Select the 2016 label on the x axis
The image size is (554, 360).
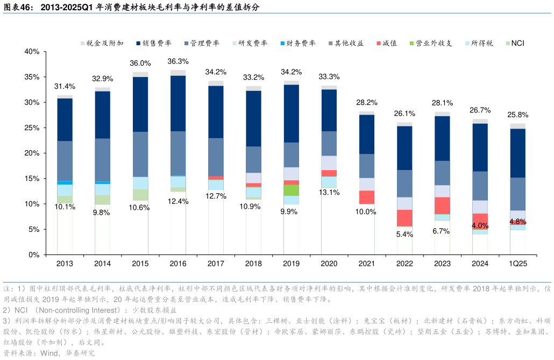click(x=178, y=264)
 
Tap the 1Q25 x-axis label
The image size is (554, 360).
click(x=518, y=264)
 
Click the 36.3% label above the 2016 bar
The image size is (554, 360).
click(x=178, y=61)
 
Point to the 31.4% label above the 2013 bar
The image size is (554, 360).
click(x=65, y=87)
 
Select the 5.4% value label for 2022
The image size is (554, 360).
click(x=404, y=234)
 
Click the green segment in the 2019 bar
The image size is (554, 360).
click(x=292, y=190)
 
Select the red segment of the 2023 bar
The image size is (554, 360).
click(x=442, y=205)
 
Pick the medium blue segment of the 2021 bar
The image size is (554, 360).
click(x=367, y=166)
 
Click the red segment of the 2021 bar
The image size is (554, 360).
click(x=367, y=197)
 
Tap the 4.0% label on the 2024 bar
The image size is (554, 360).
click(x=480, y=225)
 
